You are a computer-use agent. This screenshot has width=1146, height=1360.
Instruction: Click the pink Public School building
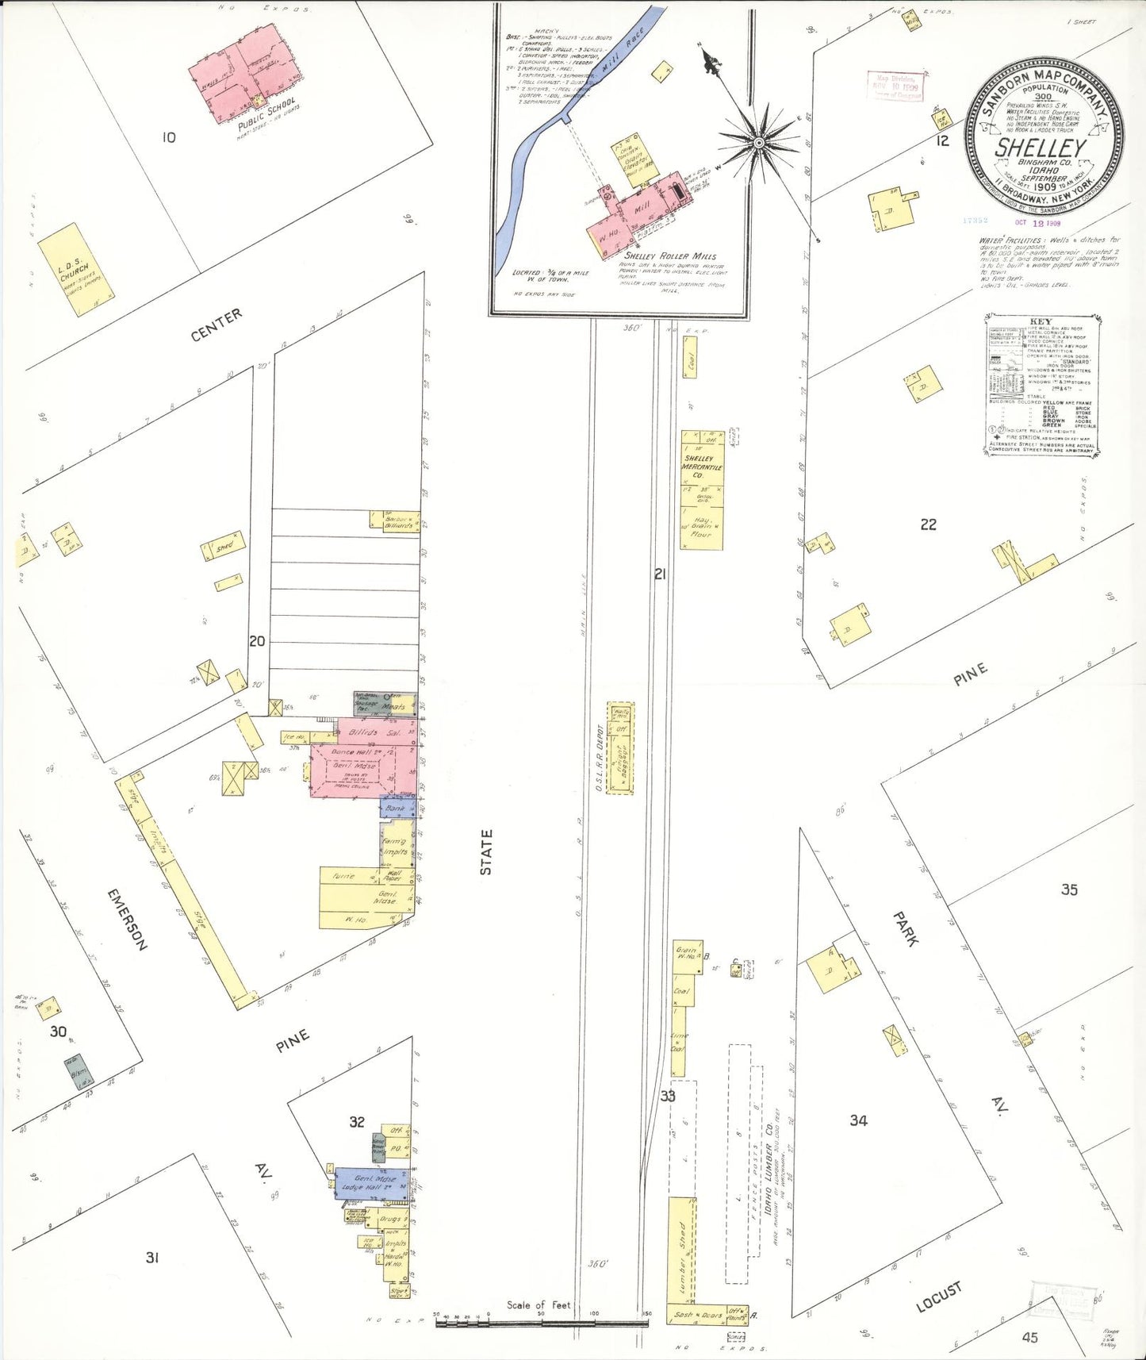[x=246, y=74]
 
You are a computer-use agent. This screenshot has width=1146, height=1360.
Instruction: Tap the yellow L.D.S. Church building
[x=76, y=270]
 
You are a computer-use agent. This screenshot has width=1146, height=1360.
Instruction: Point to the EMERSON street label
[x=128, y=919]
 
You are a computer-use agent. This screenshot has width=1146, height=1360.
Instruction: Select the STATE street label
[x=486, y=852]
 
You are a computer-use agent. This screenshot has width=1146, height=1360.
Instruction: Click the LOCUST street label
[x=939, y=1296]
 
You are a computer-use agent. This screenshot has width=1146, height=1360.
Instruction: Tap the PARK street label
[x=906, y=928]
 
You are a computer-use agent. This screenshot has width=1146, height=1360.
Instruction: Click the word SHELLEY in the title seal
[x=1040, y=148]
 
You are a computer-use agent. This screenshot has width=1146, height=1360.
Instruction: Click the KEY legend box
[x=1042, y=385]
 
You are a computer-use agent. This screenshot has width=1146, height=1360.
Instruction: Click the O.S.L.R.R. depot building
[x=620, y=747]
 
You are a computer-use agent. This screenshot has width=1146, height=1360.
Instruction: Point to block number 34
[x=858, y=1120]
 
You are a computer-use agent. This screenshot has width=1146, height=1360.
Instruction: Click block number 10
[x=168, y=137]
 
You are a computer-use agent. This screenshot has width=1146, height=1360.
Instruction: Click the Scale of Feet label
[x=539, y=1304]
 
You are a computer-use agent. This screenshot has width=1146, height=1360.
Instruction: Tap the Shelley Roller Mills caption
[x=669, y=256]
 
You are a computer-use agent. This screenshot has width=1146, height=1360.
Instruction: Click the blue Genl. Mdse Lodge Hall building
[x=371, y=1183]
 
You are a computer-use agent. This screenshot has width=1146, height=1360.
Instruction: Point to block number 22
[x=928, y=524]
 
